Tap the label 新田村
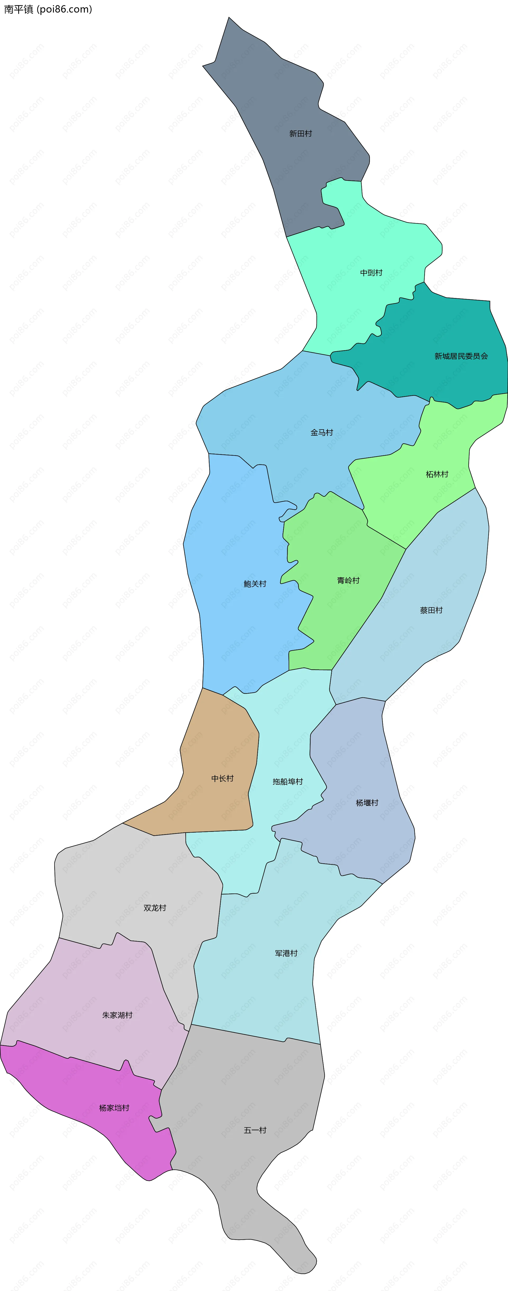pos(301,134)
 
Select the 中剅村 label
pos(371,273)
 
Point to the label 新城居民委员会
pos(461,356)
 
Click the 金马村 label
pos(322,432)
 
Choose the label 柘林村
pos(437,474)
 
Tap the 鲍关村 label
pos(255,584)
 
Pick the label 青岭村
pos(348,580)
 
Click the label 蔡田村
pos(431,610)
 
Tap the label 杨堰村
pos(367,803)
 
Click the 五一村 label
pos(255,1130)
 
